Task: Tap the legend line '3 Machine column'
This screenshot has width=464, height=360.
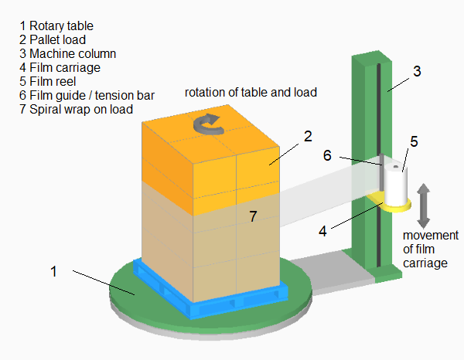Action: point(67,53)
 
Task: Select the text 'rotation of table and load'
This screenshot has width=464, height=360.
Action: point(251,93)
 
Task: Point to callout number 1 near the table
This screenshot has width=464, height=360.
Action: point(54,271)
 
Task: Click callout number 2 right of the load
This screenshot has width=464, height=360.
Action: point(307,137)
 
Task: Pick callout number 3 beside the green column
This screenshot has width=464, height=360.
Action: point(417,72)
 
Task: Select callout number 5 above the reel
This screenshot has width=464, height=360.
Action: point(415,141)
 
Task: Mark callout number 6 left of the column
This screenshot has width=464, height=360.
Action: point(327,155)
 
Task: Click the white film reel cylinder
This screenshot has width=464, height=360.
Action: point(397,185)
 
